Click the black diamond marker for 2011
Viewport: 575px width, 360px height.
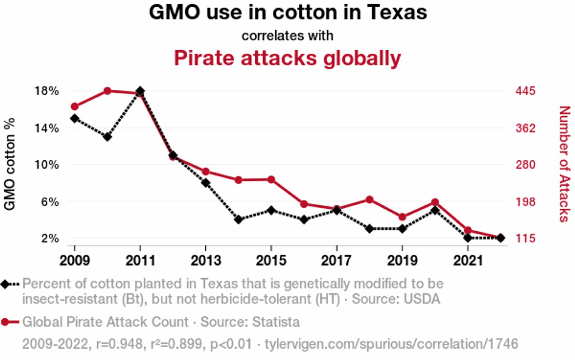pyautogui.click(x=140, y=91)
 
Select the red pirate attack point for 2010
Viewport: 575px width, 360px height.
pyautogui.click(x=107, y=91)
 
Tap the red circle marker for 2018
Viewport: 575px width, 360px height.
pyautogui.click(x=370, y=199)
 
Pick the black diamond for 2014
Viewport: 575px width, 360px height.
pyautogui.click(x=239, y=220)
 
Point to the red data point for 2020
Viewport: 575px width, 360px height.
pyautogui.click(x=435, y=202)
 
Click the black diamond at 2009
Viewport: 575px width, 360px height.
pyautogui.click(x=75, y=119)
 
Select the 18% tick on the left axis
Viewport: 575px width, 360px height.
pyautogui.click(x=47, y=91)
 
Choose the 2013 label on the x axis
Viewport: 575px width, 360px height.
pyautogui.click(x=205, y=261)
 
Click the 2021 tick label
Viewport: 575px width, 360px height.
pyautogui.click(x=468, y=261)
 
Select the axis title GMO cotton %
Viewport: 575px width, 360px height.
pyautogui.click(x=10, y=164)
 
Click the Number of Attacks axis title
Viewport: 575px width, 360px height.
pyautogui.click(x=564, y=164)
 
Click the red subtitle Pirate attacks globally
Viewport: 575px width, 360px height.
pyautogui.click(x=287, y=58)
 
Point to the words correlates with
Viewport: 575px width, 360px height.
pyautogui.click(x=287, y=35)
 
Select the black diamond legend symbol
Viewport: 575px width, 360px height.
pyautogui.click(x=5, y=284)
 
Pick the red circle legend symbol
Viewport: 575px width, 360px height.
pyautogui.click(x=5, y=322)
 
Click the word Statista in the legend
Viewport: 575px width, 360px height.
pyautogui.click(x=276, y=322)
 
